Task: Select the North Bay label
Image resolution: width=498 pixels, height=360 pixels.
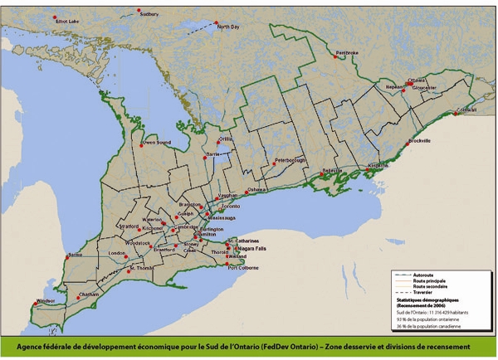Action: (229, 27)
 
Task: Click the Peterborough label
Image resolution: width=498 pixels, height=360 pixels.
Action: (290, 159)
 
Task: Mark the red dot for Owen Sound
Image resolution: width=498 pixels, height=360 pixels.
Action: (140, 139)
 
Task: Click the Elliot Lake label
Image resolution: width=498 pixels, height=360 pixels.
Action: (67, 21)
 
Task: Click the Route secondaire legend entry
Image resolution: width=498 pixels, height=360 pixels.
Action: (427, 285)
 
